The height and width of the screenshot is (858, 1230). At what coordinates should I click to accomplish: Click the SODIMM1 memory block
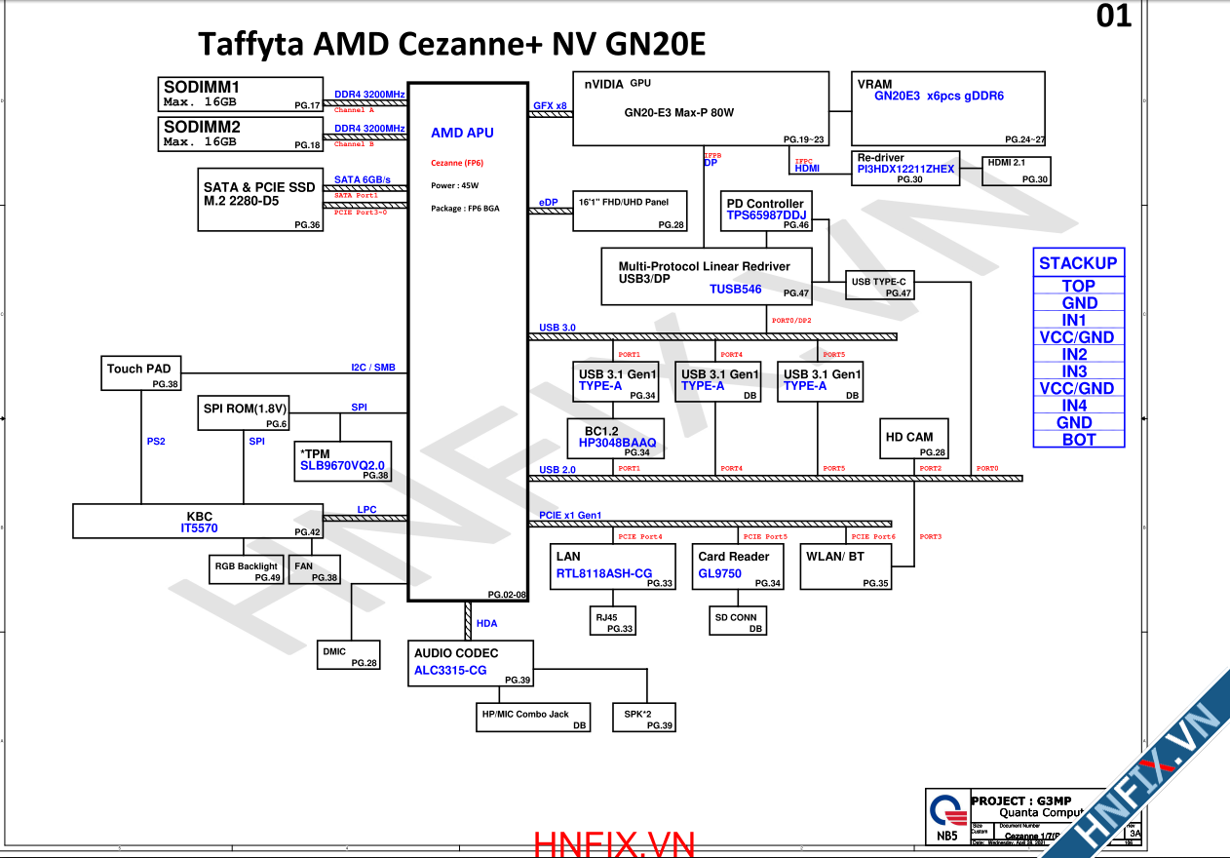point(240,95)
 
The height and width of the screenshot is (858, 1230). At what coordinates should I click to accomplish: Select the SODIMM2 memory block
point(240,135)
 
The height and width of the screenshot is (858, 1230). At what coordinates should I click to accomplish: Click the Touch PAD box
point(141,373)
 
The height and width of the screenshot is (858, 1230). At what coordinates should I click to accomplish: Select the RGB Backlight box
point(246,569)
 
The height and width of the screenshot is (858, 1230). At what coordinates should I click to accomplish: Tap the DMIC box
point(348,655)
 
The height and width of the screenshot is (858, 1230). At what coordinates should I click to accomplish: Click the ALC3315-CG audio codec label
point(450,670)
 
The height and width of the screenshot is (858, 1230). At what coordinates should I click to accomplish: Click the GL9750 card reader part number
point(719,573)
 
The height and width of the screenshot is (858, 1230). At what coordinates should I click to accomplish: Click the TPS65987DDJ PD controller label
point(766,215)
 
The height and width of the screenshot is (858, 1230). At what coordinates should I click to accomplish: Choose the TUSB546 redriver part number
point(735,289)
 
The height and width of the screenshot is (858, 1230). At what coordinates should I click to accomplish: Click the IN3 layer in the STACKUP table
point(1078,371)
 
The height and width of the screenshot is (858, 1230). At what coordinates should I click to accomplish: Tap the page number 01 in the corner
point(1114,17)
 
